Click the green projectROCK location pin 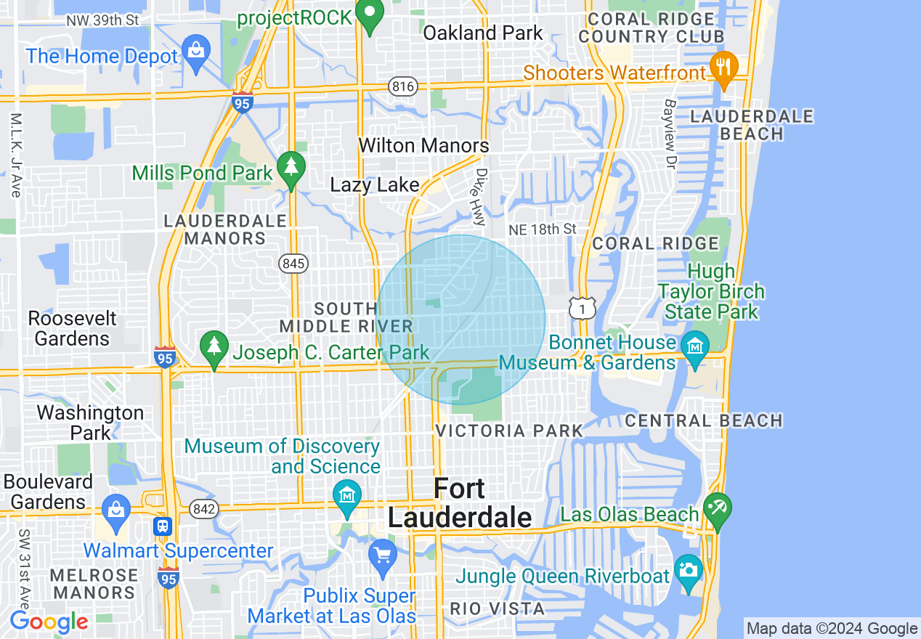click(370, 15)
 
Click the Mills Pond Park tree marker click(291, 168)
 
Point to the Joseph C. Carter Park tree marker click(214, 348)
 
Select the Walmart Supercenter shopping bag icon click(116, 509)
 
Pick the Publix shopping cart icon click(383, 555)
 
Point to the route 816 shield click(403, 87)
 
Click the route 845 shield click(294, 264)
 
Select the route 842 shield click(205, 510)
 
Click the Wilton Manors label click(423, 145)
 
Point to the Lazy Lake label click(375, 184)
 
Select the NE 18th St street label click(542, 229)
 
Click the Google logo click(49, 621)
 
